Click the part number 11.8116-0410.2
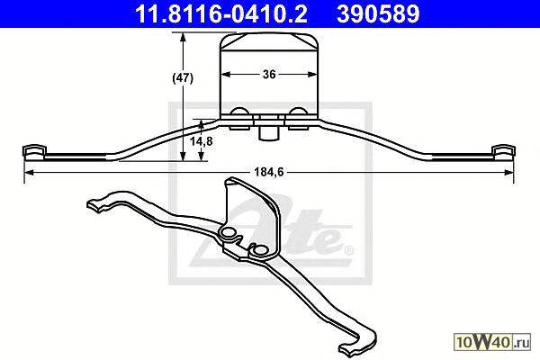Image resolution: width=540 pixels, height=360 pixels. pos(221,13)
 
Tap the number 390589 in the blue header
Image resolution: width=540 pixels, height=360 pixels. pos(378,13)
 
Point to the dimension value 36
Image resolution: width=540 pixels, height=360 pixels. pos(269,74)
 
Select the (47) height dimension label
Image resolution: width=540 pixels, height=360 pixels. pos(183,78)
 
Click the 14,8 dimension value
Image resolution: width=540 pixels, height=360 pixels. pos(202,141)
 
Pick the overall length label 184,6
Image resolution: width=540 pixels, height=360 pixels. pos(268,172)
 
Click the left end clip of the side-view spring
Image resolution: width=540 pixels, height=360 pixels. pos(34,152)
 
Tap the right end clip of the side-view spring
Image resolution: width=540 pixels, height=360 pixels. pos(503,152)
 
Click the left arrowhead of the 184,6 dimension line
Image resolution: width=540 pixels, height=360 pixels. pos(29,172)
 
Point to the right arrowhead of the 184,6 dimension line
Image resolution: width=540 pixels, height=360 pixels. pos(508,172)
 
